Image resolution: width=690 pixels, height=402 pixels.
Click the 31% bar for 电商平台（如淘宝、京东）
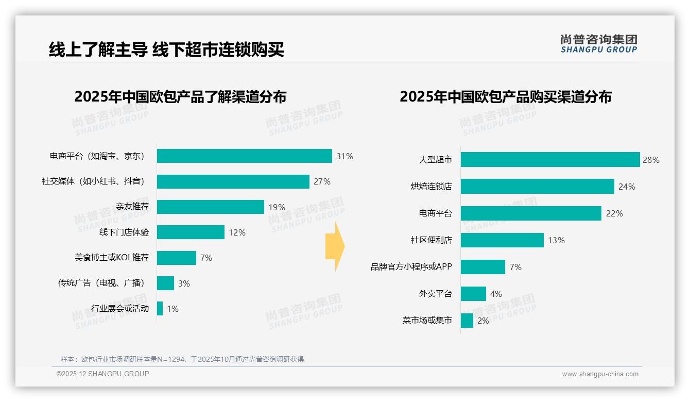(x=245, y=156)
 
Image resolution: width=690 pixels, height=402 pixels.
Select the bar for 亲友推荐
(x=211, y=207)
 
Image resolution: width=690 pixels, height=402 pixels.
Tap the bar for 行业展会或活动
(x=160, y=309)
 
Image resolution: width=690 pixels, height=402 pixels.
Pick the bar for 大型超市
(x=550, y=160)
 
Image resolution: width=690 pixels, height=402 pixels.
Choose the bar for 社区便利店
(x=502, y=240)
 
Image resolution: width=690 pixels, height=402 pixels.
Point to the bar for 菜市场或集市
(x=467, y=321)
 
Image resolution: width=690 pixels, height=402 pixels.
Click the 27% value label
(x=322, y=181)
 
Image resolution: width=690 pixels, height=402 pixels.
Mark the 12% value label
(x=237, y=232)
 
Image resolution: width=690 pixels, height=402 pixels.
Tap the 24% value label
(x=627, y=187)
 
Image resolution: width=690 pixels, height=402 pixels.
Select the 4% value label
(x=496, y=294)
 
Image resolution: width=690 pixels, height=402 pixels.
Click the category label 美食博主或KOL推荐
(x=112, y=258)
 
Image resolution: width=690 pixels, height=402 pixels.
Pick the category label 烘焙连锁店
(x=432, y=187)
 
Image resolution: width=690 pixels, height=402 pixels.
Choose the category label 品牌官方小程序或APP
(x=411, y=267)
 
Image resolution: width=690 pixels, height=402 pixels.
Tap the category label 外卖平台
(x=436, y=294)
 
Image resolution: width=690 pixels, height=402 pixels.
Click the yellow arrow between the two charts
(x=335, y=247)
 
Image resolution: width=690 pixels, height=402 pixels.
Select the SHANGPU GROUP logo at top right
(x=599, y=44)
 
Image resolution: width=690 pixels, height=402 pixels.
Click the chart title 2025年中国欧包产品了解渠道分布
(x=180, y=97)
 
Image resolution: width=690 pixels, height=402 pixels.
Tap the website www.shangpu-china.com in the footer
(x=600, y=374)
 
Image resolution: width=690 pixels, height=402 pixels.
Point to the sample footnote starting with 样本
(x=182, y=359)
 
